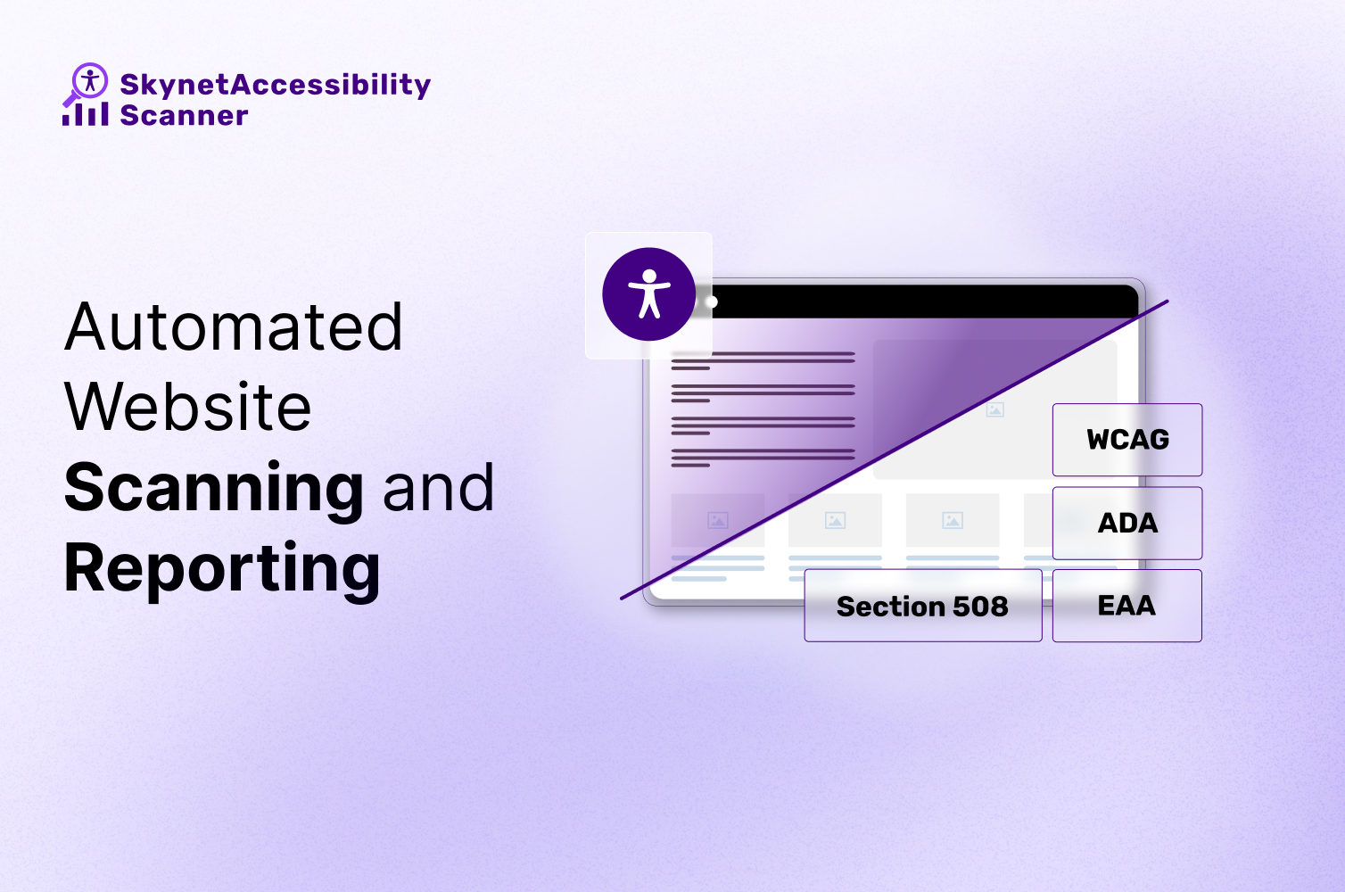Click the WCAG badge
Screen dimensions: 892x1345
[x=1127, y=440]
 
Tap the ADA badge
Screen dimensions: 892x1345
[x=1127, y=523]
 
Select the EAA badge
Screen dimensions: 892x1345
[x=1127, y=606]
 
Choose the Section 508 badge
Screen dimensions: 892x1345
[x=922, y=607]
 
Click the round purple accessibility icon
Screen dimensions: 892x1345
[x=648, y=294]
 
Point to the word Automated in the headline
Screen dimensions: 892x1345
[x=234, y=327]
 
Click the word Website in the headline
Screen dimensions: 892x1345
[x=188, y=408]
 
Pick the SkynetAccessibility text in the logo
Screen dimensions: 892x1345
[x=275, y=85]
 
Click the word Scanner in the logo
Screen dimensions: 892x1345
[x=184, y=115]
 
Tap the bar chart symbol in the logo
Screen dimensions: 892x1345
[x=86, y=114]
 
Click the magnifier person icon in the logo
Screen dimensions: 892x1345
[x=87, y=82]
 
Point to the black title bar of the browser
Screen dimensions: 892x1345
[x=919, y=302]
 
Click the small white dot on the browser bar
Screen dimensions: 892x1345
[x=711, y=302]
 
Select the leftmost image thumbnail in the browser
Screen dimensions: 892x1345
[x=717, y=520]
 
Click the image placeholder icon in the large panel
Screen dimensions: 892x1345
[x=995, y=409]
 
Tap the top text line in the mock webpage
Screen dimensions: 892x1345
[x=763, y=354]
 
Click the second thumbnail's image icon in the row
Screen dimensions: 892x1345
[x=835, y=520]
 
